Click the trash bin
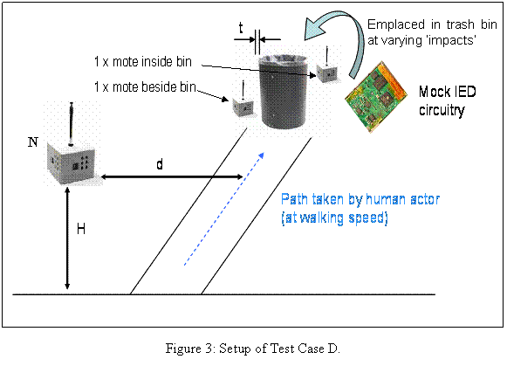click(x=283, y=91)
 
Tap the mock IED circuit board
click(x=376, y=97)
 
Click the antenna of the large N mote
click(x=72, y=123)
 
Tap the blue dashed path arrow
click(x=224, y=209)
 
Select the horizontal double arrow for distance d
click(x=172, y=176)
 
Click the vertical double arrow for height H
click(x=67, y=238)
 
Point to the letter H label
click(x=81, y=229)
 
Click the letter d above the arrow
click(x=160, y=164)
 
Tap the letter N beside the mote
click(x=33, y=142)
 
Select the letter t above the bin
click(x=241, y=28)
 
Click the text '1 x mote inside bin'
click(x=143, y=61)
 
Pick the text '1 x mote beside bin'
click(x=145, y=86)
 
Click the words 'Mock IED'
click(x=448, y=92)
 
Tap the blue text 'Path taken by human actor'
click(x=360, y=199)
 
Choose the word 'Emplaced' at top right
click(x=396, y=25)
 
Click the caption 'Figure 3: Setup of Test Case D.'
click(x=252, y=349)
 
